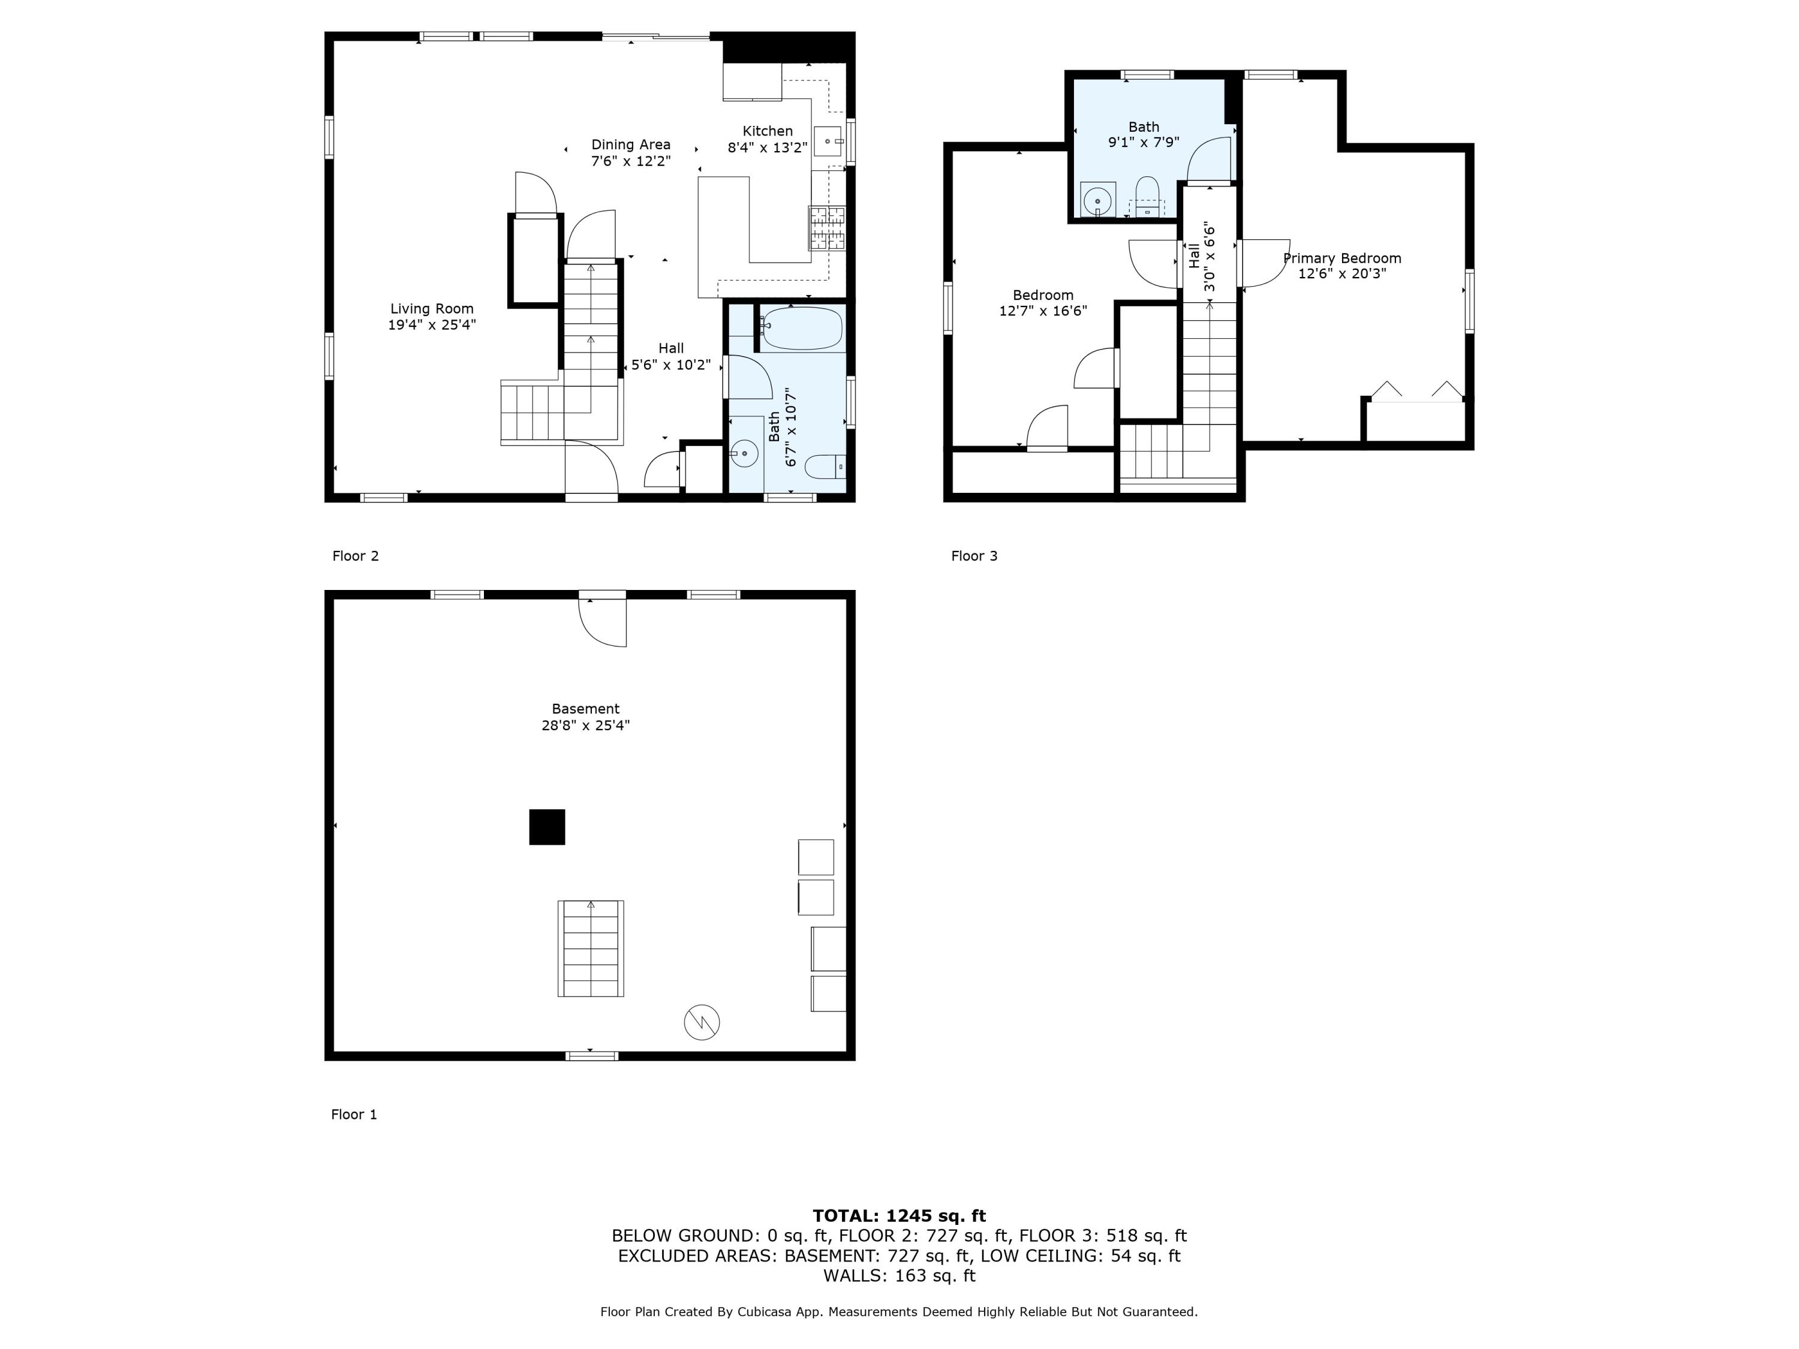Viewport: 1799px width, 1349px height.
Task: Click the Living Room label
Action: [431, 309]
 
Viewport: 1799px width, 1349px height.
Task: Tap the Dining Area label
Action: [630, 144]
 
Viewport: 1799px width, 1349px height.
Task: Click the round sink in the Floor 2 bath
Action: [744, 453]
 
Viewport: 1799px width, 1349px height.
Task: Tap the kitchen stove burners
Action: [826, 228]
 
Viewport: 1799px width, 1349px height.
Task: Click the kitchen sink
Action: [829, 141]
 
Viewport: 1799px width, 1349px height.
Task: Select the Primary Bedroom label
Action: [1342, 258]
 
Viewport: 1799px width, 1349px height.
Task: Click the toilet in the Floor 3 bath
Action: [1147, 195]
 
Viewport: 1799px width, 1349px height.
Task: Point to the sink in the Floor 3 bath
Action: [1098, 199]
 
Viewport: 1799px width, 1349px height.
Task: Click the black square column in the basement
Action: [547, 827]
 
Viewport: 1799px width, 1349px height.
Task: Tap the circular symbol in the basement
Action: [702, 1022]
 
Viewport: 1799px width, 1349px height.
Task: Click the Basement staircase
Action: [591, 948]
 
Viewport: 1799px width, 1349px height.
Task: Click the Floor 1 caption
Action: [354, 1114]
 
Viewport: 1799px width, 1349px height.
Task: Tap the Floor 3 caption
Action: [974, 556]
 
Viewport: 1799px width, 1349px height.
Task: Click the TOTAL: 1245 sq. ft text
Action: [899, 1216]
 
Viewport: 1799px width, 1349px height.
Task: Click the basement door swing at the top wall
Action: [602, 622]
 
